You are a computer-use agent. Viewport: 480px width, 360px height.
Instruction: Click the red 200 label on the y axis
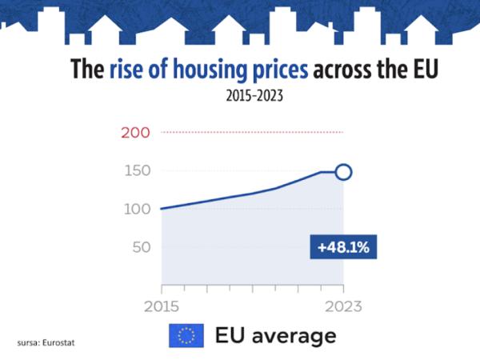point(135,132)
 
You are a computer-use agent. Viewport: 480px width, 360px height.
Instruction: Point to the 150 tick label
point(135,170)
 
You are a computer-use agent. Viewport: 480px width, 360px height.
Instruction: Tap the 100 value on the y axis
point(135,209)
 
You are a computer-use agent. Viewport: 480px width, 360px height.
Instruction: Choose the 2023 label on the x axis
point(343,306)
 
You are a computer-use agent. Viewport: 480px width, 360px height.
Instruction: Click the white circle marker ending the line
point(343,172)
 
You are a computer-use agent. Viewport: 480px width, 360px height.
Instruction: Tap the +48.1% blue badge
point(342,247)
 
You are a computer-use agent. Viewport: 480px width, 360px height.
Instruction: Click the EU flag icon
point(186,335)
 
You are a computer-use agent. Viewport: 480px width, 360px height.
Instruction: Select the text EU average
point(276,335)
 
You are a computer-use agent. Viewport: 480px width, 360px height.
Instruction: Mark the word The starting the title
point(87,70)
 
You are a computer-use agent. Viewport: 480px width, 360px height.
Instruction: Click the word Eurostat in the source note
point(61,343)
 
